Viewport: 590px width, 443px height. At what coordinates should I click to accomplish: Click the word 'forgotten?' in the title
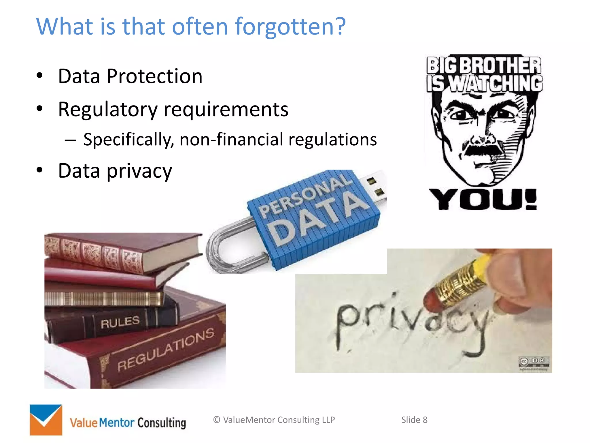click(290, 27)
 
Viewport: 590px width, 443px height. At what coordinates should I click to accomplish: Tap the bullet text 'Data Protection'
click(130, 76)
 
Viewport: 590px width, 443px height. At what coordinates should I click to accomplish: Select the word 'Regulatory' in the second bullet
click(107, 110)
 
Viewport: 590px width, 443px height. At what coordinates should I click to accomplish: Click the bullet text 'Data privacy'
click(115, 171)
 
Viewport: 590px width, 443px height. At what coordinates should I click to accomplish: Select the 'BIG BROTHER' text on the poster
click(484, 65)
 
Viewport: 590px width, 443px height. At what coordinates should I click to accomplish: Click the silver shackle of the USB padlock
click(228, 248)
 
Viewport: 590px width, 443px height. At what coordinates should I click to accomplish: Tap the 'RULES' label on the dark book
click(120, 322)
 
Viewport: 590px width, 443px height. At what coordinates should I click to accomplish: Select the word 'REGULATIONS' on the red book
click(166, 350)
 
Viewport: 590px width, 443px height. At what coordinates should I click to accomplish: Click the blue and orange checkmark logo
click(46, 420)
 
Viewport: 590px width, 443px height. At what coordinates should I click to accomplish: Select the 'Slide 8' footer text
click(414, 420)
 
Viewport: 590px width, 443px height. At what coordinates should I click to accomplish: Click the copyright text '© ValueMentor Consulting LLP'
click(274, 420)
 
